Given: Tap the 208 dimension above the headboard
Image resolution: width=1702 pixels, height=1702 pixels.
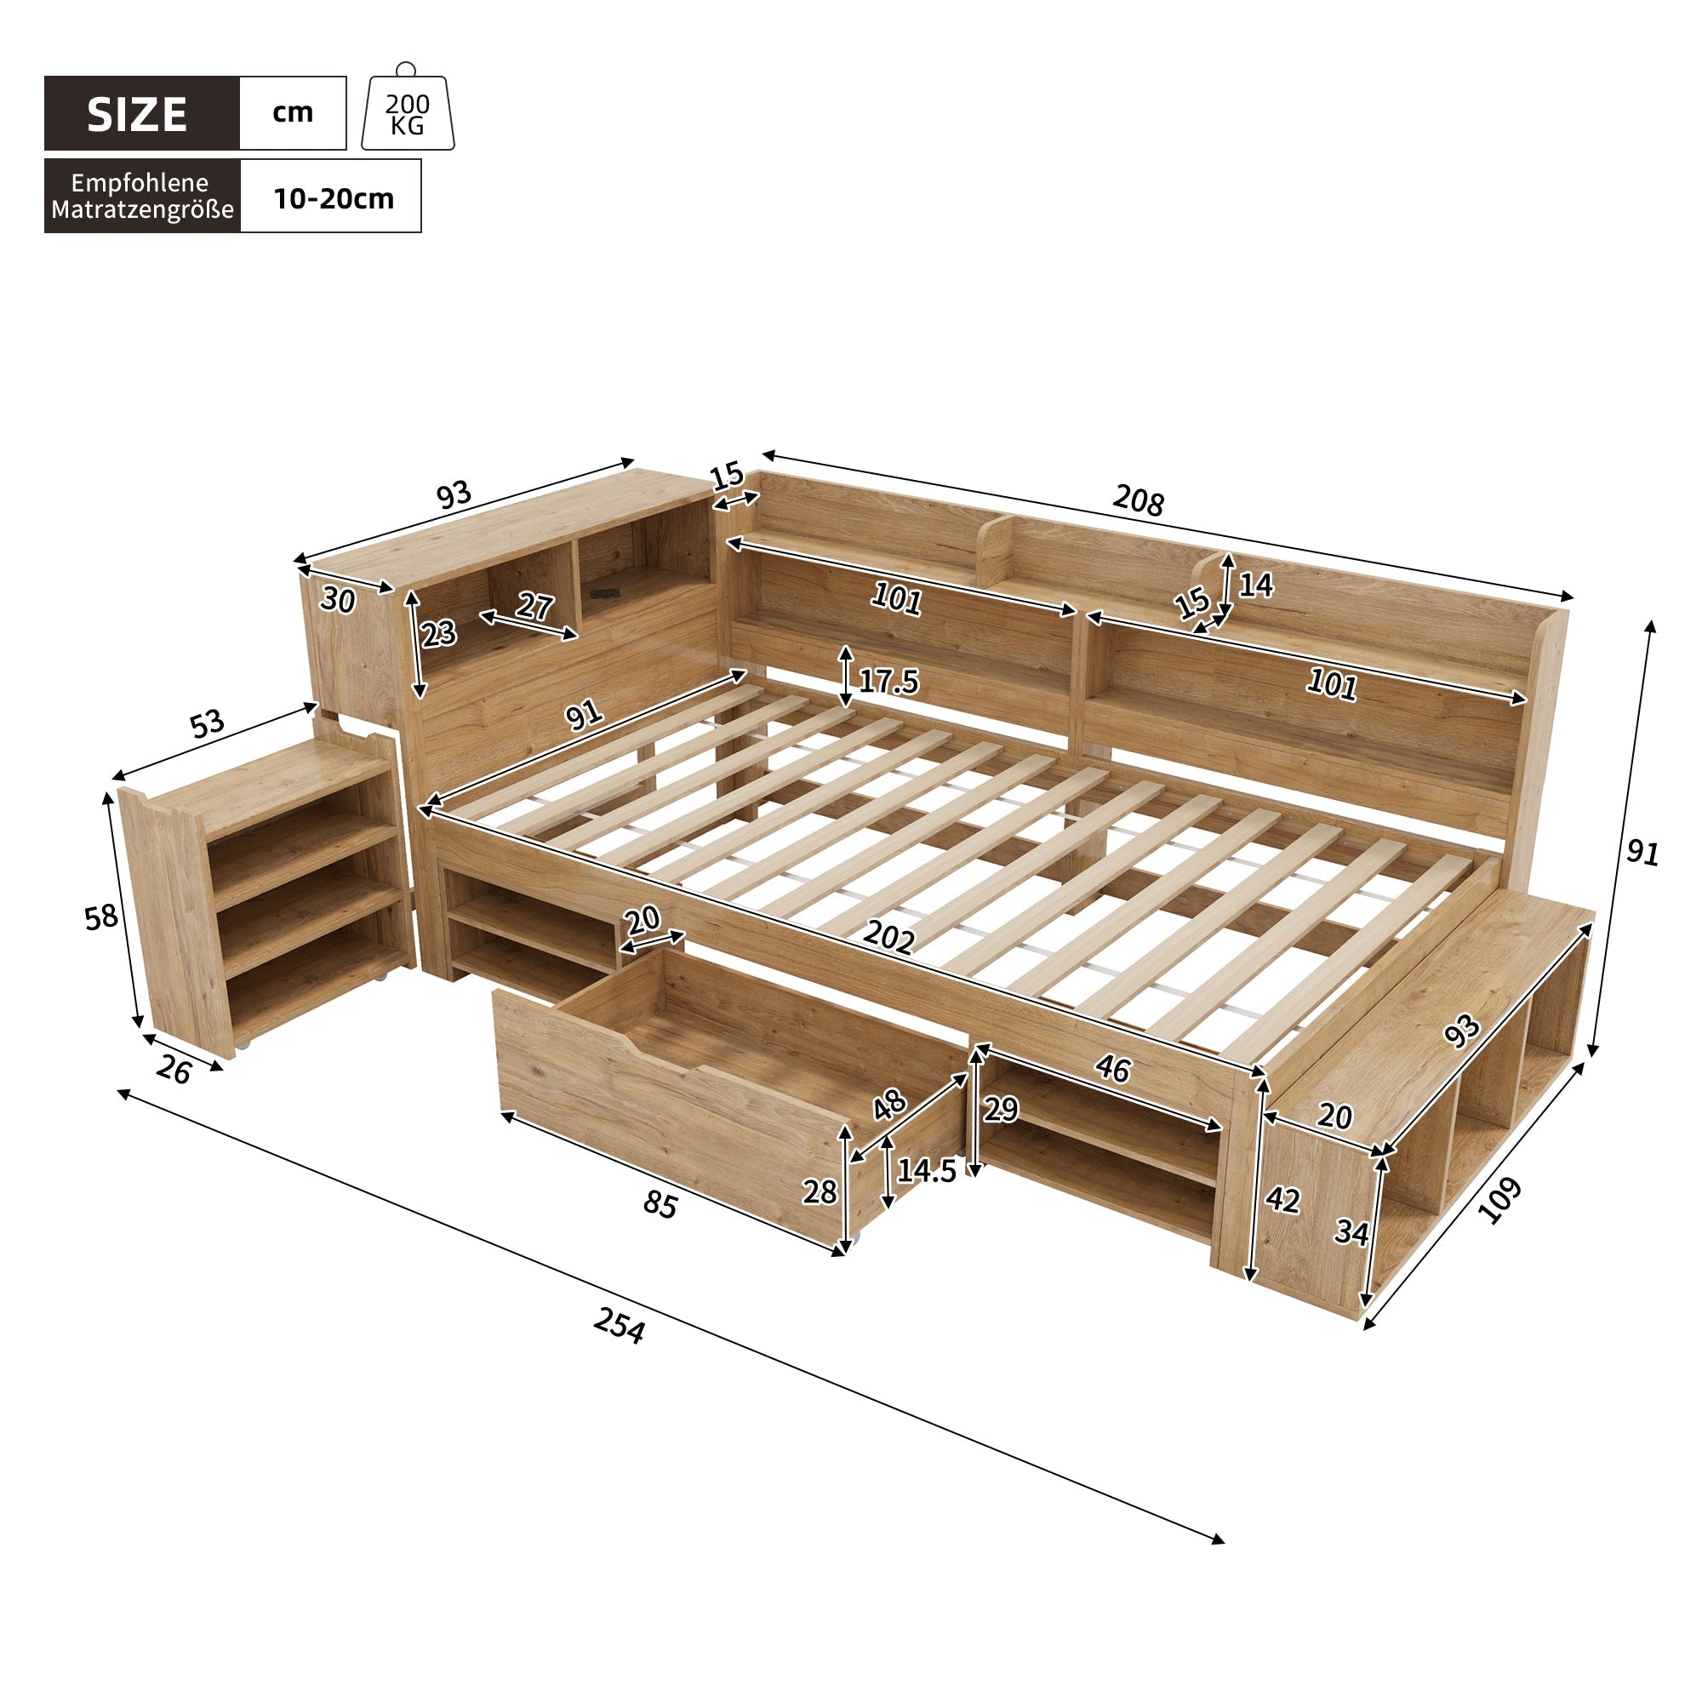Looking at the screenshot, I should [x=1137, y=500].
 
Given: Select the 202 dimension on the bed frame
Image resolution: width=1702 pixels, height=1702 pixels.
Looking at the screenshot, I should [x=888, y=936].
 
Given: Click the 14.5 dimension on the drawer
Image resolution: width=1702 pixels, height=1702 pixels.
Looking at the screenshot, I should [x=926, y=1171].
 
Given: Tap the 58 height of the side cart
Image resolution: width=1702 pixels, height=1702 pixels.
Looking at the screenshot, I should [x=100, y=917].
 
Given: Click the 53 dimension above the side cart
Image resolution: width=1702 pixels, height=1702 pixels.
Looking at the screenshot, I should [x=207, y=724].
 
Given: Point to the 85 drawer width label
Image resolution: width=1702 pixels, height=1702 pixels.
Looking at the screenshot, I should [x=659, y=1204].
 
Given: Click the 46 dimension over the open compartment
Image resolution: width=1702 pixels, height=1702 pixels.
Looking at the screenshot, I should [x=1112, y=1069].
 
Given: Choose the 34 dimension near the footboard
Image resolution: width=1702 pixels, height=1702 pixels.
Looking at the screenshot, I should [x=1351, y=1231].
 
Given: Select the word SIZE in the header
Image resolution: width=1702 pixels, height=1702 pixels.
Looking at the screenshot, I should [x=137, y=116].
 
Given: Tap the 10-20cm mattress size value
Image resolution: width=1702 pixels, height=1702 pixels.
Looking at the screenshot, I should [x=333, y=198].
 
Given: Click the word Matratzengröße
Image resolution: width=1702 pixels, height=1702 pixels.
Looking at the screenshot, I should [x=143, y=209].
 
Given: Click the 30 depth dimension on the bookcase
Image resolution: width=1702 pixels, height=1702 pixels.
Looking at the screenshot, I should [x=337, y=601].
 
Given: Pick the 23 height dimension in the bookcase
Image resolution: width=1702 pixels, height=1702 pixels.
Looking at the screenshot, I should [x=437, y=632].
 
